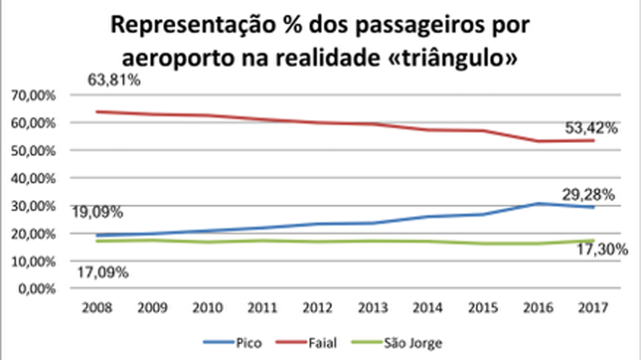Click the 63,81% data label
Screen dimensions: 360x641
tap(114, 80)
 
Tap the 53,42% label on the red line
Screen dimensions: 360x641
tap(592, 128)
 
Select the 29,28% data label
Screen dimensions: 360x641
tap(589, 194)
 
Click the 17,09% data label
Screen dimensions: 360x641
tap(103, 273)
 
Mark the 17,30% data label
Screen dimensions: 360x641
tap(602, 249)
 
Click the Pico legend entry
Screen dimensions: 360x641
tap(233, 343)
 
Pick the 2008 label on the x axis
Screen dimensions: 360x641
tap(96, 308)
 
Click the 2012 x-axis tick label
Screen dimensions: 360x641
tap(318, 308)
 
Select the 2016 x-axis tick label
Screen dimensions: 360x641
tap(538, 308)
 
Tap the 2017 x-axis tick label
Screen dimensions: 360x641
tap(593, 308)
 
